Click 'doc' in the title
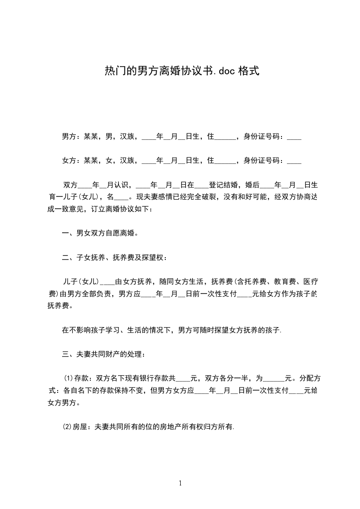coord(226,71)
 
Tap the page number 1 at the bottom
coord(180,483)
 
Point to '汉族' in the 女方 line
coord(127,160)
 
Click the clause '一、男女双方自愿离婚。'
coord(100,234)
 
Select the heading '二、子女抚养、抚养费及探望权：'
coord(114,258)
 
